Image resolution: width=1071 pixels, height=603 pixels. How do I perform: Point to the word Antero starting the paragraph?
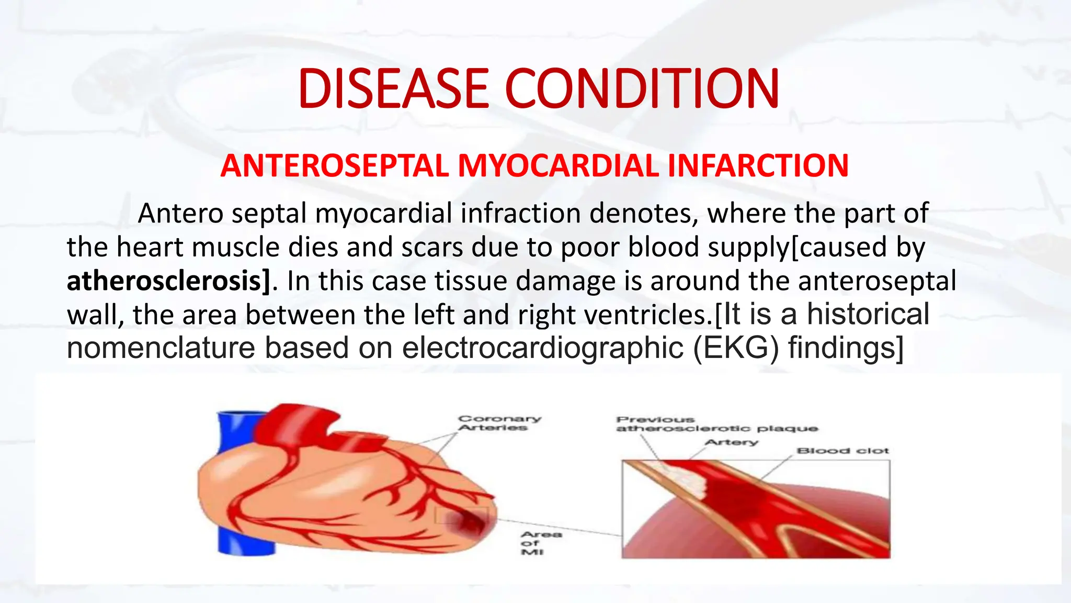[180, 214]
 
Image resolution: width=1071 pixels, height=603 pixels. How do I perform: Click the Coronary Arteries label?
[499, 423]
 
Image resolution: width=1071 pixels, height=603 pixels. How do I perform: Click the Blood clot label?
[842, 451]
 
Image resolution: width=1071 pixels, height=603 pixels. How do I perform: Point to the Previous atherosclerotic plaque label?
[716, 425]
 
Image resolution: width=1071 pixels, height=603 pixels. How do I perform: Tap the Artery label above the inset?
[731, 443]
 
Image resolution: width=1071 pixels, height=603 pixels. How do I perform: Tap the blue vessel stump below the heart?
[246, 539]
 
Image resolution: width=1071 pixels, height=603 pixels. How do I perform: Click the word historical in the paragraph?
[868, 315]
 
